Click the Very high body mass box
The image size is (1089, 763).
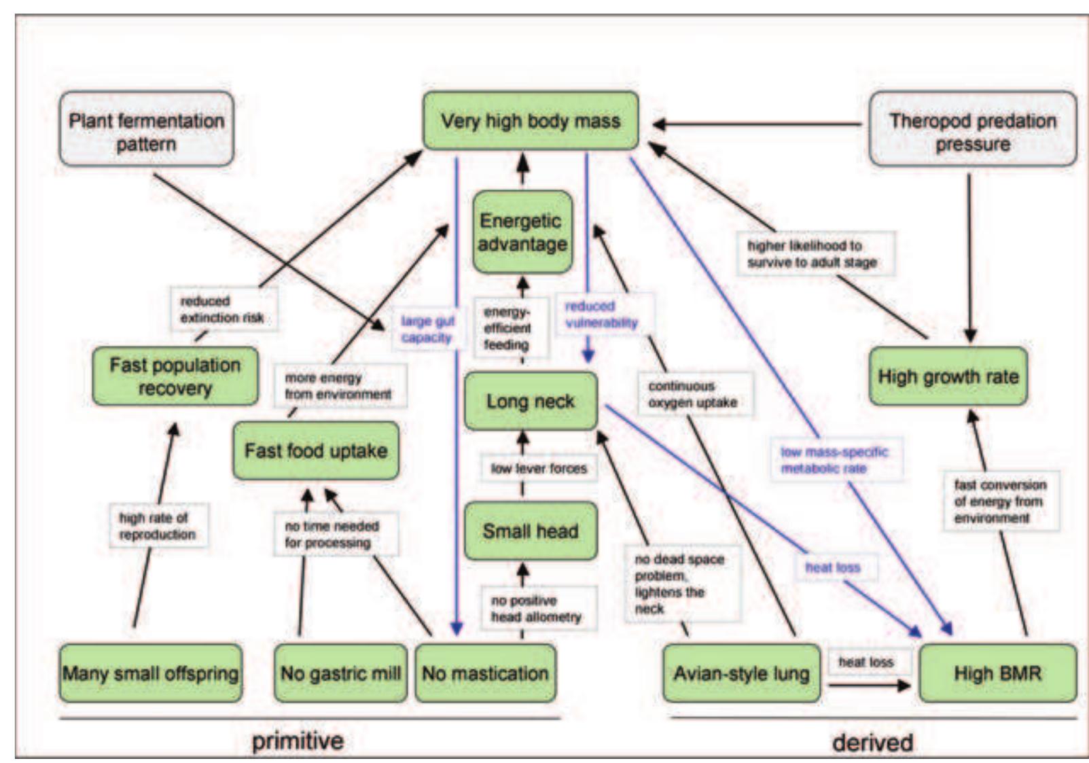530,121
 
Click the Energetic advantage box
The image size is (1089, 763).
522,232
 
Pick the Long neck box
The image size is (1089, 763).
530,401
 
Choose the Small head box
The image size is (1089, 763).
530,531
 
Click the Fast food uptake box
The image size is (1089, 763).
315,450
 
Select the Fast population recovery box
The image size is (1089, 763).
175,376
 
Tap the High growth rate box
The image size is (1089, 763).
948,376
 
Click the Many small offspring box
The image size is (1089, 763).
150,673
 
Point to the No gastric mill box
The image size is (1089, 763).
340,673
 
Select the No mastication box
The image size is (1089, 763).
485,673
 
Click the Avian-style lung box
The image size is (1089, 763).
741,673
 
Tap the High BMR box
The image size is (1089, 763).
997,673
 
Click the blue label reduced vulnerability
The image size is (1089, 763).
602,314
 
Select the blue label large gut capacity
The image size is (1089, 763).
427,329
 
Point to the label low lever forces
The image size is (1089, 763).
538,468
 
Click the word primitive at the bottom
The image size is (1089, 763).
298,741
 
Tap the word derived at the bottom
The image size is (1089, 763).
872,742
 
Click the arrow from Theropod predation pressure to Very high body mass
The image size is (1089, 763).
754,124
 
